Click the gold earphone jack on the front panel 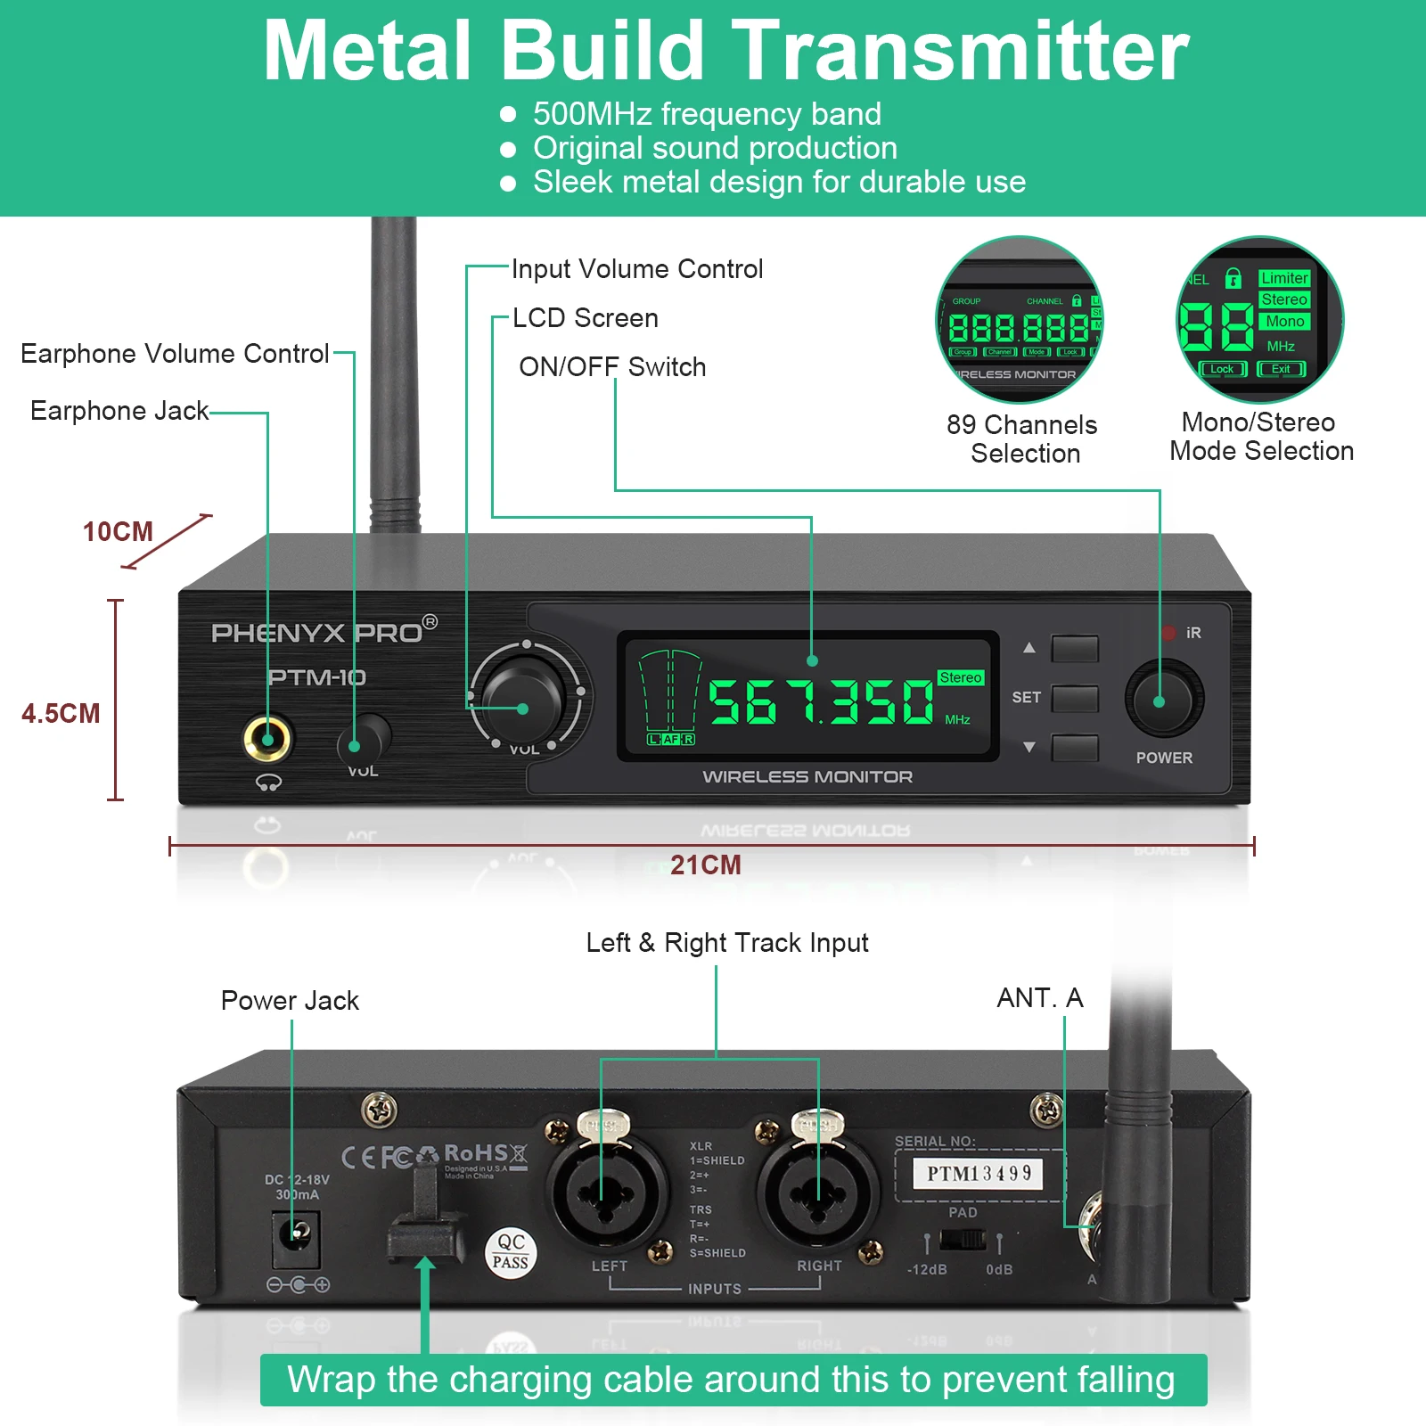(x=267, y=739)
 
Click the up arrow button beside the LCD (x=1074, y=648)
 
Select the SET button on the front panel (x=1074, y=698)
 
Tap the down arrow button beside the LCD (x=1074, y=748)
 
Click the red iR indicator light (x=1168, y=633)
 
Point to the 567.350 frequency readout (x=820, y=701)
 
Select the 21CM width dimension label (x=705, y=865)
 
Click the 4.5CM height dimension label (x=61, y=713)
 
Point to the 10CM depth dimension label (x=118, y=532)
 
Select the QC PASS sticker (x=511, y=1252)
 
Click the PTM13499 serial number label (x=979, y=1174)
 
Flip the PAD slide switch (x=963, y=1240)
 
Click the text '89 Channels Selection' (x=1022, y=438)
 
